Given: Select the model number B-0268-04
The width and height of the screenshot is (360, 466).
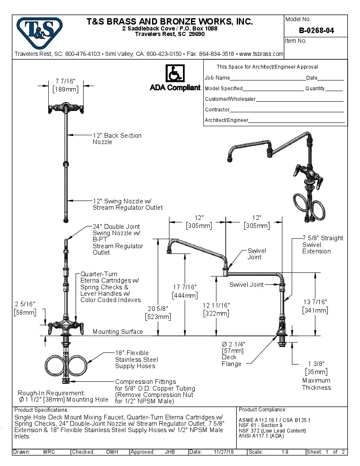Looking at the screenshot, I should coord(316,30).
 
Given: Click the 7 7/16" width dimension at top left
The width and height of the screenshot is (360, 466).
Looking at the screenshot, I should coord(65,81).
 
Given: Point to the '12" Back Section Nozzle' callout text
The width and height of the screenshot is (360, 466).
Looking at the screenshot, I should coord(117,139).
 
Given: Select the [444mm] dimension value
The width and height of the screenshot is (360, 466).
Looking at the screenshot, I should coord(184,296).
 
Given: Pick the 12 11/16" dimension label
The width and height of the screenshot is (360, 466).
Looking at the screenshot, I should coord(216,305).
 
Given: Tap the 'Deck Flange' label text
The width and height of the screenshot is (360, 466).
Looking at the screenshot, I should coord(231,361).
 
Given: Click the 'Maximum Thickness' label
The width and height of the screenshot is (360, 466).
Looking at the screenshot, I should coord(316,384).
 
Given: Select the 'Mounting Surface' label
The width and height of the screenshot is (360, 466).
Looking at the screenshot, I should coord(118,332).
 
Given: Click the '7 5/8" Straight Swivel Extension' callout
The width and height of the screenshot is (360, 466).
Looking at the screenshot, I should coord(322,244).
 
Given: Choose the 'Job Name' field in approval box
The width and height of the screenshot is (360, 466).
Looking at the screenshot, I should coord(217,78).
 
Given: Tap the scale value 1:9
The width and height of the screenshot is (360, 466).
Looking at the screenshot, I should coord(285,452).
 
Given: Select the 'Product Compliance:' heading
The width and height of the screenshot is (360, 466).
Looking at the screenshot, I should coord(263,410).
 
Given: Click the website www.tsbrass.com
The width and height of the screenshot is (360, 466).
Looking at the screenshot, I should coord(261,54).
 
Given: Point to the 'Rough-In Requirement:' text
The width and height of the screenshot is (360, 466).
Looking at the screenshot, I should coord(51,393).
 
